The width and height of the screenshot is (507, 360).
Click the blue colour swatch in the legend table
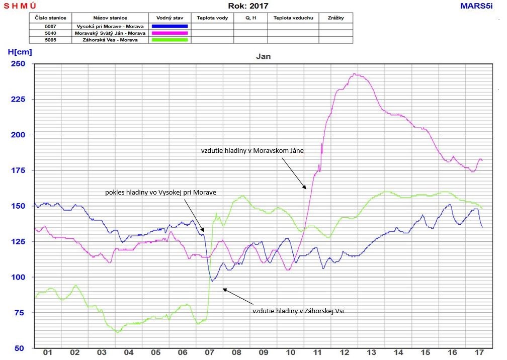(x=170, y=26)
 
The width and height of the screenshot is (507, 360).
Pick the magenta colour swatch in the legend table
(x=170, y=33)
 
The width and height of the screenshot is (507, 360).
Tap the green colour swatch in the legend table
(x=170, y=40)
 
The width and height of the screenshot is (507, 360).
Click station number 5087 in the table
(x=50, y=26)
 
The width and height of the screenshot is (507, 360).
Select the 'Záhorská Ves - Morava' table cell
(x=106, y=40)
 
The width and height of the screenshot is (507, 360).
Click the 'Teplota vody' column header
(x=212, y=18)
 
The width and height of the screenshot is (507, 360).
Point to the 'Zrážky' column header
(x=335, y=18)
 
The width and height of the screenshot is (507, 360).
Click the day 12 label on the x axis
(x=345, y=353)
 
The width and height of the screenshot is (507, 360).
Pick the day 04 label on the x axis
(x=128, y=353)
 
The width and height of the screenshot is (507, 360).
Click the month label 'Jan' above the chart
(x=263, y=56)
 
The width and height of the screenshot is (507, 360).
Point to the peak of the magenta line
(x=354, y=74)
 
